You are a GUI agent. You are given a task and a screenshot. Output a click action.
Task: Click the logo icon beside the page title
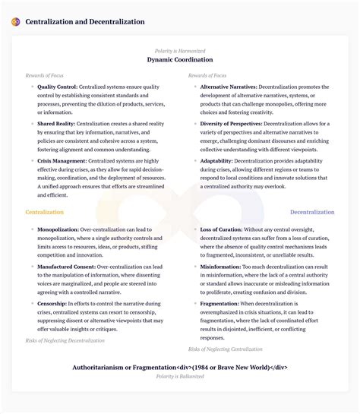click(16, 22)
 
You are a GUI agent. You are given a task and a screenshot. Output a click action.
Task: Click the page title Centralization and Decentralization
click(85, 22)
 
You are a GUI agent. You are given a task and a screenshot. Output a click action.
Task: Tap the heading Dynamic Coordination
click(180, 59)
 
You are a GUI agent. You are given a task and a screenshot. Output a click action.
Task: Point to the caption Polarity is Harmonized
click(180, 50)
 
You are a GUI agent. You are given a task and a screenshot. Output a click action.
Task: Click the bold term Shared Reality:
click(58, 123)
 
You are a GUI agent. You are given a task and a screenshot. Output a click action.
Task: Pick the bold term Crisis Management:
click(63, 161)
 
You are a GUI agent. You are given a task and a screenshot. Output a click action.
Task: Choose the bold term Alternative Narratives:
click(229, 87)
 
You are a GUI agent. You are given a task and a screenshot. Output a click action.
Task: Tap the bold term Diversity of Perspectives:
click(232, 123)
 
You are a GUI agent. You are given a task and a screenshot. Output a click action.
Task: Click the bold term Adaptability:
click(216, 161)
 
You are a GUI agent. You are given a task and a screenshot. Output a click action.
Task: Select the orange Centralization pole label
click(45, 212)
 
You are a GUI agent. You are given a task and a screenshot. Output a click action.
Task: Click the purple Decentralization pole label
click(312, 212)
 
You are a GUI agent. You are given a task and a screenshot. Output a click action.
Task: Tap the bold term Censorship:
click(52, 304)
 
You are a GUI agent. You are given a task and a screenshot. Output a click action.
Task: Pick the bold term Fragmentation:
click(219, 304)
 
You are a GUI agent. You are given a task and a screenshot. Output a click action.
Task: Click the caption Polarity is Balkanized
click(180, 376)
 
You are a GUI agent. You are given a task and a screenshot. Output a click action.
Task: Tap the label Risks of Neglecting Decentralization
click(64, 341)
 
